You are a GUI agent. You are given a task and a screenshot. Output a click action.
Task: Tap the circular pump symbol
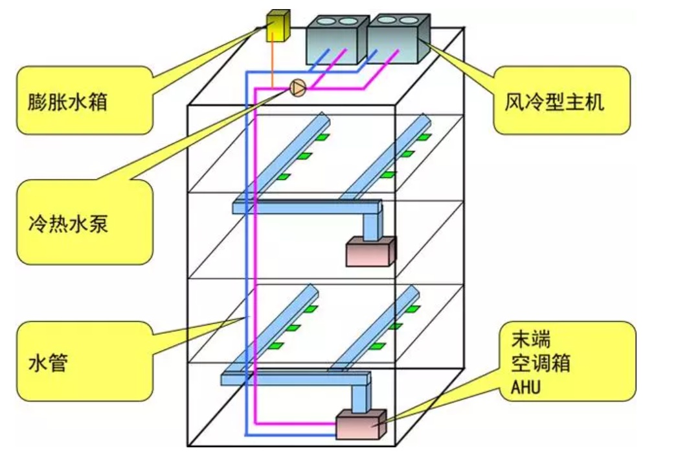(298, 88)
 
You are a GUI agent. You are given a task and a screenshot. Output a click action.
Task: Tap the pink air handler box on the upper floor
(370, 252)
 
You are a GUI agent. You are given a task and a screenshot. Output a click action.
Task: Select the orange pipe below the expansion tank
(273, 62)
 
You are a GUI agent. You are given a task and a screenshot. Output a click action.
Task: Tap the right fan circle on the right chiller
(409, 20)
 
